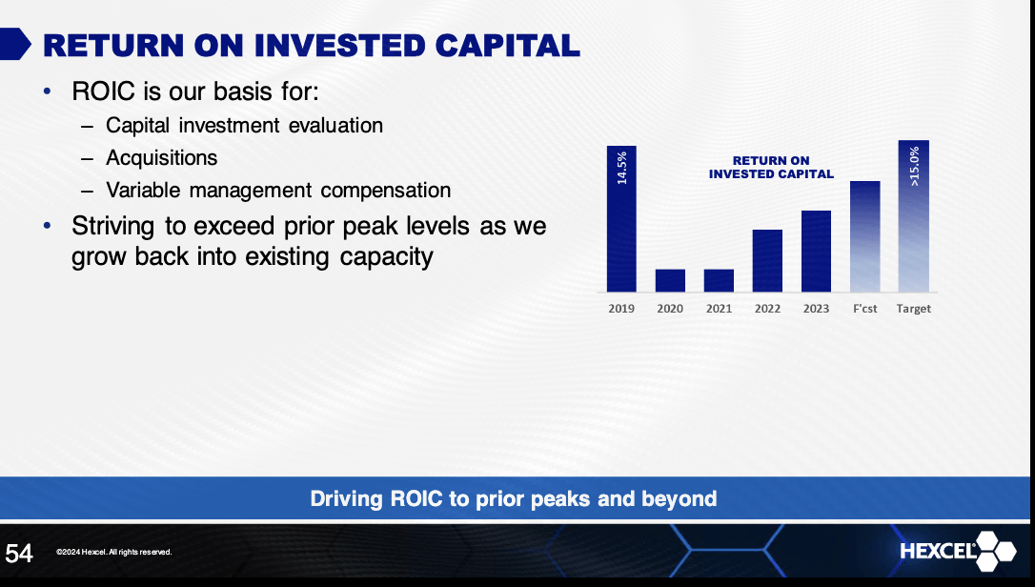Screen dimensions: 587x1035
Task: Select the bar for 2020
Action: (670, 280)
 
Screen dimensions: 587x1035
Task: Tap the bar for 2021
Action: (719, 280)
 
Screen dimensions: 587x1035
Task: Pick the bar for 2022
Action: (767, 260)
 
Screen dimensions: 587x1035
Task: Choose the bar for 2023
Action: (816, 251)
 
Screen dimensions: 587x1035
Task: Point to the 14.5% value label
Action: (621, 166)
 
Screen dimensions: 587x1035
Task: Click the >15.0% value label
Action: (914, 166)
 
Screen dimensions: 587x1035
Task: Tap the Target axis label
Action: (913, 309)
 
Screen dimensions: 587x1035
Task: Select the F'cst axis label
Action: (864, 309)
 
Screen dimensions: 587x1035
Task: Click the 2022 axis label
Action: (767, 309)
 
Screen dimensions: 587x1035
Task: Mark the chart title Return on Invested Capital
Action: (771, 168)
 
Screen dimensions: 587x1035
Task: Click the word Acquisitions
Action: (161, 158)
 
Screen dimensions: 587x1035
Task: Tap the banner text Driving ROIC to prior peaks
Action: (513, 498)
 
